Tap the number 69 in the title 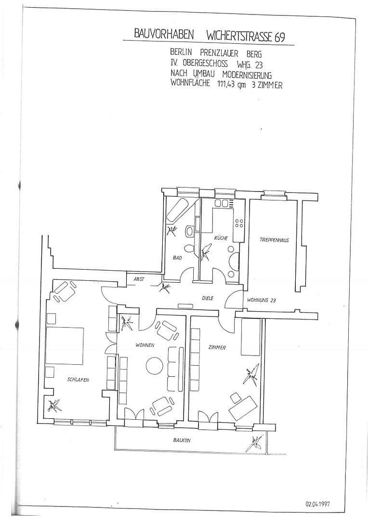(x=279, y=37)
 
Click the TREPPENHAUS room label (x=274, y=240)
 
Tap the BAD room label (x=177, y=258)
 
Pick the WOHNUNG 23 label (x=261, y=300)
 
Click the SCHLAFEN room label (x=79, y=380)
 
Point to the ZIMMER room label (x=218, y=347)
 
